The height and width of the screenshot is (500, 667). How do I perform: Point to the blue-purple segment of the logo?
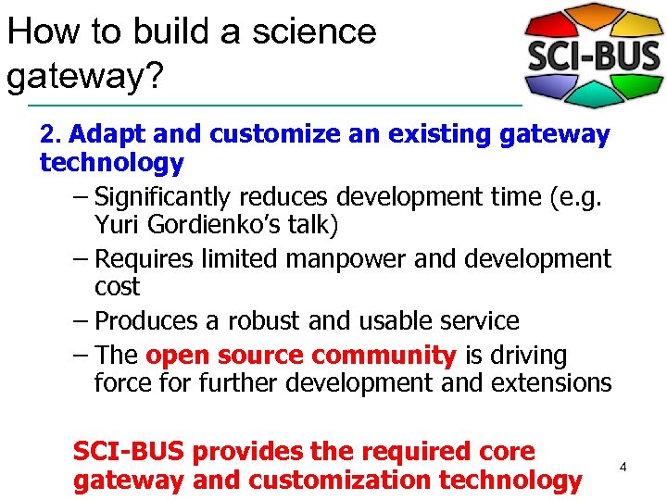point(547,89)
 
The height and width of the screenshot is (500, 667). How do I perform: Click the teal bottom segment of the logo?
point(593,98)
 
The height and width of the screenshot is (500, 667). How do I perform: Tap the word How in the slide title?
point(38,31)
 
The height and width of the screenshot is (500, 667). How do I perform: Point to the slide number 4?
point(623,468)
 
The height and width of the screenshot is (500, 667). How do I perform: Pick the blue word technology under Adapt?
point(111,164)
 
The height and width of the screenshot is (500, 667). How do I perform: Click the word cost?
point(117,287)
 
